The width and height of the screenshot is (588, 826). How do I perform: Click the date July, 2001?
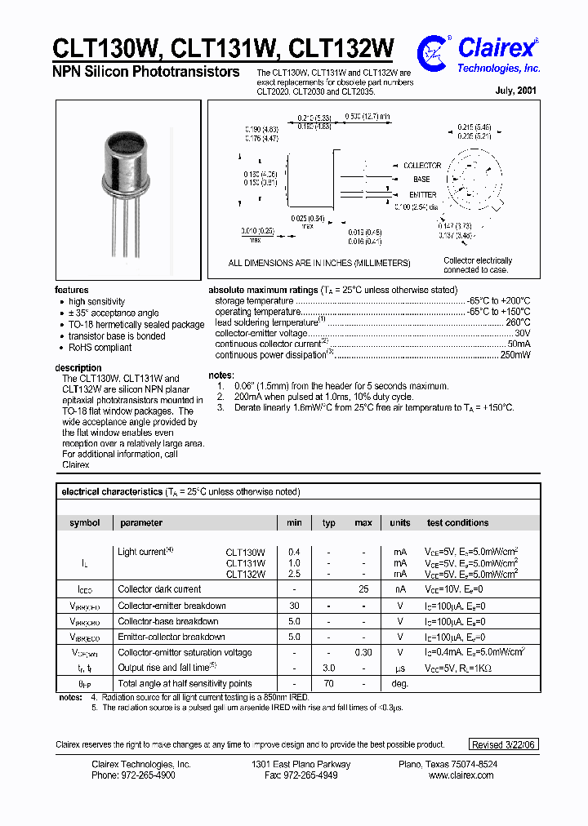coord(515,92)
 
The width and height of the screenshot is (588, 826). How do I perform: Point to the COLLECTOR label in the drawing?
coord(422,166)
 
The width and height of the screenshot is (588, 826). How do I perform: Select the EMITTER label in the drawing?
coord(423,195)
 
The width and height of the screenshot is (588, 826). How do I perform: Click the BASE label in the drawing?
coord(421,180)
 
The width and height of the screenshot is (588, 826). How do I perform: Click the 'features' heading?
coord(72,290)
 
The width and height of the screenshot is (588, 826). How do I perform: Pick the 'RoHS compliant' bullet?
coord(100,347)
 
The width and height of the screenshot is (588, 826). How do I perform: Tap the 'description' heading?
coord(78,368)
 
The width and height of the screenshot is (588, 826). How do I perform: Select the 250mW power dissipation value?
coord(514,355)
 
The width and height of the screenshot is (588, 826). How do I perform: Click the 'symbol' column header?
coord(85,522)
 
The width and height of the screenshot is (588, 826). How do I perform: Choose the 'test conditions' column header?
coord(457,522)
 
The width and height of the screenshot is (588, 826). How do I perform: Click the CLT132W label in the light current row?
coord(245,574)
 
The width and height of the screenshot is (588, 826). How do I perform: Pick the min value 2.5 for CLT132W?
coord(294,574)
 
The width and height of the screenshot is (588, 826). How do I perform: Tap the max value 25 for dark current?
coord(363,589)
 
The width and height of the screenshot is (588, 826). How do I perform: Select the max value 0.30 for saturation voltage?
coord(363,652)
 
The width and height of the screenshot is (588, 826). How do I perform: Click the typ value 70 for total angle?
coord(328,683)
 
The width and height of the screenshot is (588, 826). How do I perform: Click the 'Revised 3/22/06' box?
coord(505,744)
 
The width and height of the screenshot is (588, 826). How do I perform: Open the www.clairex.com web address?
coord(461,775)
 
